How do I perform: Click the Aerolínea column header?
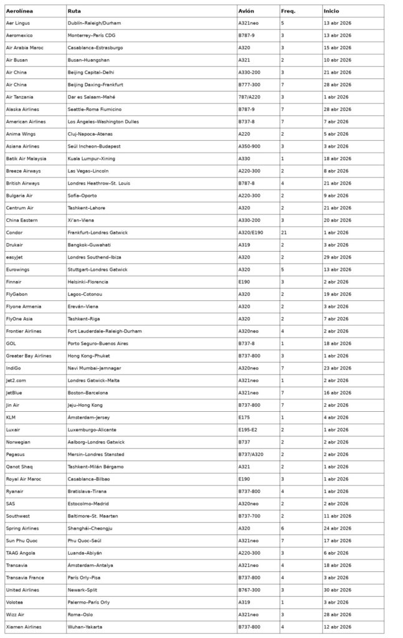pyautogui.click(x=19, y=11)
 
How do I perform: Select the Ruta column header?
pyautogui.click(x=74, y=11)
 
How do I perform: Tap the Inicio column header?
pyautogui.click(x=331, y=11)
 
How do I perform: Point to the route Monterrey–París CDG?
pyautogui.click(x=92, y=36)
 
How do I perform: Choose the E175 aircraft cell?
pyautogui.click(x=245, y=417)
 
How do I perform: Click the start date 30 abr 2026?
pyautogui.click(x=337, y=589)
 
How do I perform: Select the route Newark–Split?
pyautogui.click(x=84, y=589)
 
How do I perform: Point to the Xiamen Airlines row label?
pyautogui.click(x=24, y=627)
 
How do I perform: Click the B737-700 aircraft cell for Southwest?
pyautogui.click(x=250, y=516)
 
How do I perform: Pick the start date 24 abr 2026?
pyautogui.click(x=337, y=528)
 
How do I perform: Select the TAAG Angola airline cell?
pyautogui.click(x=21, y=553)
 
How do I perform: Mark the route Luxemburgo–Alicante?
pyautogui.click(x=92, y=430)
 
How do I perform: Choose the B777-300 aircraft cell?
pyautogui.click(x=250, y=85)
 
